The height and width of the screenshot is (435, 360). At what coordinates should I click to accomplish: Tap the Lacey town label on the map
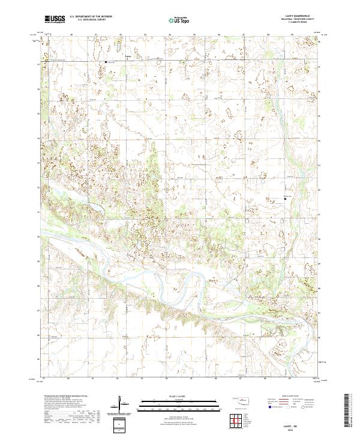[x=127, y=58]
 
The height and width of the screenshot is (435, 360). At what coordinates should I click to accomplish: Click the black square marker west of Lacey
[x=106, y=62]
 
